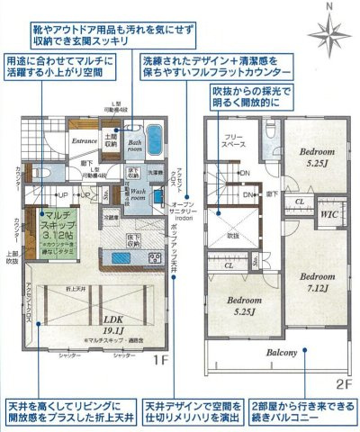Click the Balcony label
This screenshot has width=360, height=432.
[281, 353]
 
